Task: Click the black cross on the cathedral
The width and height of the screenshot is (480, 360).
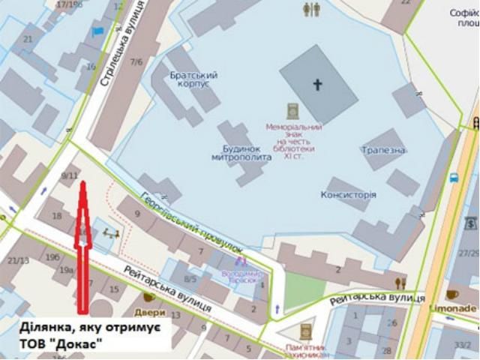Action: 317,85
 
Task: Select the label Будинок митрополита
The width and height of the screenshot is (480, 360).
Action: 235,153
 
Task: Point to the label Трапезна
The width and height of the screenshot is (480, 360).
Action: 382,150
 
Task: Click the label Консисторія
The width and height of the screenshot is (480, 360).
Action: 348,194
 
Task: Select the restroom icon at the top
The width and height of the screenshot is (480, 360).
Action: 311,9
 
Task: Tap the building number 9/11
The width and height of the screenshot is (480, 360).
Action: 70,175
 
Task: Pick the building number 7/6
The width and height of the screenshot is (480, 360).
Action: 136,61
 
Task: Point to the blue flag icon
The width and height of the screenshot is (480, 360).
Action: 97,31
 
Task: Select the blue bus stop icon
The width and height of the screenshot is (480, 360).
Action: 453,178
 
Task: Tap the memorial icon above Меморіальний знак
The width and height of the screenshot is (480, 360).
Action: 293,111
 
